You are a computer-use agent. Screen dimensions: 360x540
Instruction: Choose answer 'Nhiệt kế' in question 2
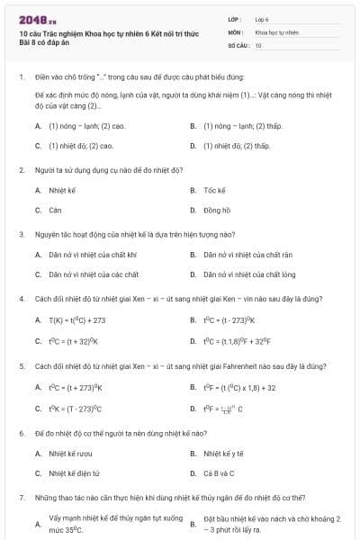click(x=60, y=190)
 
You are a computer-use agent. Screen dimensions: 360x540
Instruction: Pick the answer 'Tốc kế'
click(x=214, y=190)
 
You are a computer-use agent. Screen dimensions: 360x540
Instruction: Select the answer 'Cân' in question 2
click(x=55, y=210)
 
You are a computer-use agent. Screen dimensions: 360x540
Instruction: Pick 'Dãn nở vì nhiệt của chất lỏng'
click(x=248, y=274)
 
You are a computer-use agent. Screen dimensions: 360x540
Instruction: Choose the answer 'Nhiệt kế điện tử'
click(x=74, y=472)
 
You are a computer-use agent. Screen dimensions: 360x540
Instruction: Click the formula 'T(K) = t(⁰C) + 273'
click(x=77, y=319)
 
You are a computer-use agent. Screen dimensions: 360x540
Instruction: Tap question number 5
click(x=21, y=366)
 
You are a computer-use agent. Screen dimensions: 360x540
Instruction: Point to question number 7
click(x=21, y=497)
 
